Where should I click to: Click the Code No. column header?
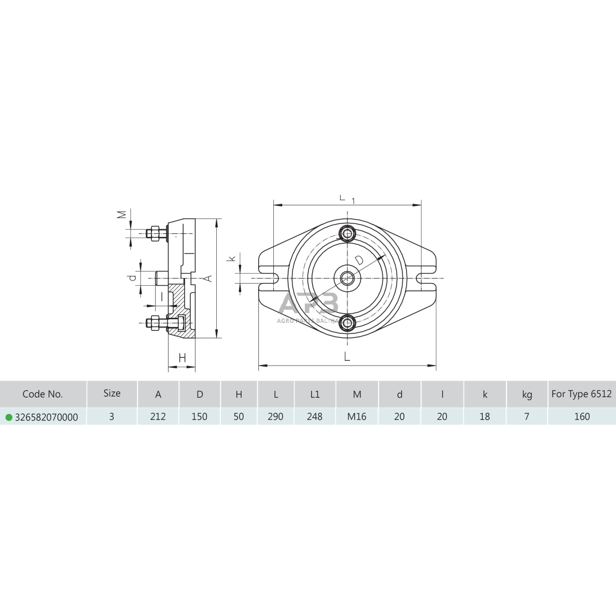[43, 394]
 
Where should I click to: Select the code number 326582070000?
[46, 417]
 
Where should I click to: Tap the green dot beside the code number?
[9, 417]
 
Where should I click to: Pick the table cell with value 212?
[158, 416]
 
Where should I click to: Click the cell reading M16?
[357, 416]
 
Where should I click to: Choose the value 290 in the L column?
[275, 416]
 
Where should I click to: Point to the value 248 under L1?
[315, 416]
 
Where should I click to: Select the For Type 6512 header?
[581, 394]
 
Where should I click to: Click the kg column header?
[527, 395]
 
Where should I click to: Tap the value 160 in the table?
[582, 416]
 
